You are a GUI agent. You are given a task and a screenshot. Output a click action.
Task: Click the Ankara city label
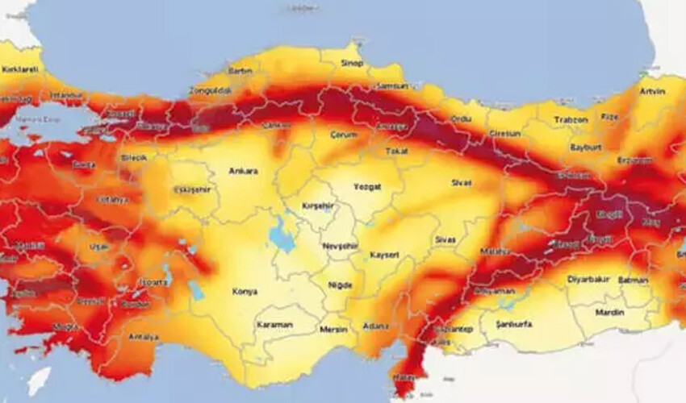243,171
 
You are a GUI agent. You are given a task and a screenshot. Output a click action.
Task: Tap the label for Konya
245,292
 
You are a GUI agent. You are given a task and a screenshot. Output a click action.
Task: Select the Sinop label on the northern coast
352,63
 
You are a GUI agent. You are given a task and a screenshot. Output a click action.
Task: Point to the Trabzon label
571,119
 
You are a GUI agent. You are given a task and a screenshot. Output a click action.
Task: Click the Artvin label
652,91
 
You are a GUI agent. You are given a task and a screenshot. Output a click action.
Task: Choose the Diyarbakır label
586,280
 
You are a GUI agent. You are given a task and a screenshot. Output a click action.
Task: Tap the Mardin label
609,312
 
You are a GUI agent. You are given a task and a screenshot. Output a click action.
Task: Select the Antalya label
143,337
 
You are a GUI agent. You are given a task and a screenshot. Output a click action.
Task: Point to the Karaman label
275,325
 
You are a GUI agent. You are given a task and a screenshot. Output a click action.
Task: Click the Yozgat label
366,186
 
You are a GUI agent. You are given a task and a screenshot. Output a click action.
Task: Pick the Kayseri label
384,255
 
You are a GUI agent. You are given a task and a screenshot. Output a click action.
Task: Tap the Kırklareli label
20,70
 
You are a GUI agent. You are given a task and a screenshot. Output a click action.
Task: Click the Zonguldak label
210,90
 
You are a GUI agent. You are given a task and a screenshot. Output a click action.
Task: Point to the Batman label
633,280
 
